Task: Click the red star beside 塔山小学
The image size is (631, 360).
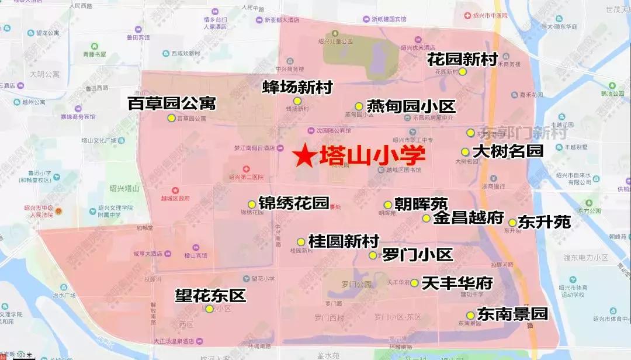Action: point(304,156)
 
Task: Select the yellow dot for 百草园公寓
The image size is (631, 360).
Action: point(171,118)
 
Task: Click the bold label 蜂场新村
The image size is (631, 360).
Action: point(297,88)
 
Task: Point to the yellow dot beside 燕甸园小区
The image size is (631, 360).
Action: point(359,106)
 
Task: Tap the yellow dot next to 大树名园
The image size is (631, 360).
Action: point(465,152)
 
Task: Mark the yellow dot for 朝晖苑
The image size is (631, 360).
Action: point(387,205)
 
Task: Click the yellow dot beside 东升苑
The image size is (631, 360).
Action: point(512,223)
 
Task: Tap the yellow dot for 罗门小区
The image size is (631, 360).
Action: point(373,255)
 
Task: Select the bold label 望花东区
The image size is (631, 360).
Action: point(210,295)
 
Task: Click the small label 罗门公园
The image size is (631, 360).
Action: point(356,285)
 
